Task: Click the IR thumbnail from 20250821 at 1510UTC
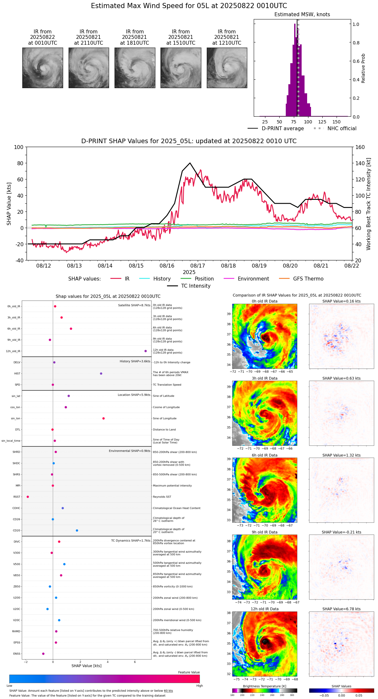coord(181,68)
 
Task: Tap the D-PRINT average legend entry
coord(283,129)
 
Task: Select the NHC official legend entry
coord(341,129)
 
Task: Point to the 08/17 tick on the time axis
coord(198,266)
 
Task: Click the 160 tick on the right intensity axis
coord(360,147)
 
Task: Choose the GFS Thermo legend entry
coord(308,279)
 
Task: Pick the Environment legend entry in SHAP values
coord(253,279)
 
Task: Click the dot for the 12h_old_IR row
coord(146,351)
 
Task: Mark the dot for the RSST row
coord(28,497)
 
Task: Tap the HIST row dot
coord(101,373)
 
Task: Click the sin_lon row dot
coord(104,418)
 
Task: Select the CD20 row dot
coord(77,531)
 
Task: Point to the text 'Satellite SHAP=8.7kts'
coord(134,305)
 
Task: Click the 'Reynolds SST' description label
coord(162,497)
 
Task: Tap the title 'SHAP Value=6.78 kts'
coord(341,609)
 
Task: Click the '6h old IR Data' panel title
coord(264,455)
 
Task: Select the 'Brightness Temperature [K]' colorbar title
coord(264,686)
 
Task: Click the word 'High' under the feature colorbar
coord(199,686)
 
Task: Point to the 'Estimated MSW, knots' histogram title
coord(302,15)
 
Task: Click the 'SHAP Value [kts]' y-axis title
coord(9,204)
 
